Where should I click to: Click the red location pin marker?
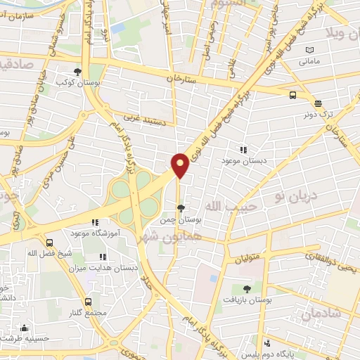pyautogui.click(x=180, y=165)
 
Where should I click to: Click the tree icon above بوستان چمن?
pyautogui.click(x=181, y=208)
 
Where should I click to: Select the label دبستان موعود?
pyautogui.click(x=243, y=162)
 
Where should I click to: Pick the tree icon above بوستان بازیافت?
pyautogui.click(x=247, y=289)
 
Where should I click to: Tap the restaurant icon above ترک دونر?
pyautogui.click(x=317, y=103)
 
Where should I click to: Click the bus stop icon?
pyautogui.click(x=292, y=94)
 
